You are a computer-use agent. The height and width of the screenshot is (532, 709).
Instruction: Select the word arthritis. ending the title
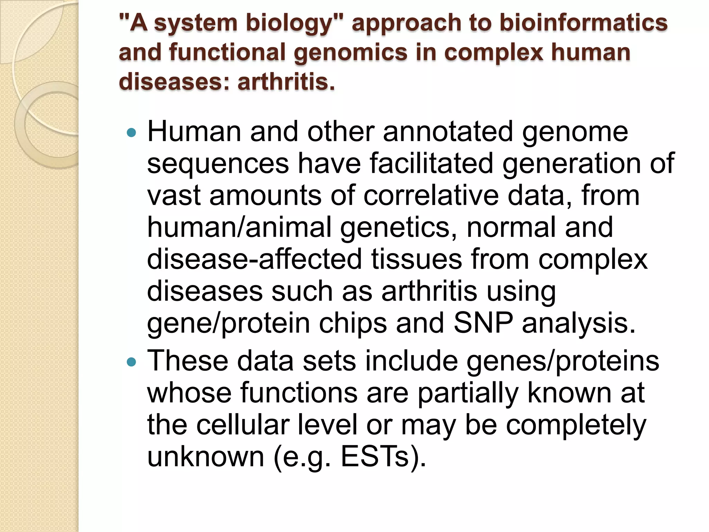point(286,82)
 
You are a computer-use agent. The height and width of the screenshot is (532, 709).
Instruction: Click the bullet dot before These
point(132,362)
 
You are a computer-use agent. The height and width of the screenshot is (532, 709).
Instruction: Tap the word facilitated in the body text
point(431,163)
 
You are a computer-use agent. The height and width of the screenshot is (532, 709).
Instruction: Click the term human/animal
point(239,227)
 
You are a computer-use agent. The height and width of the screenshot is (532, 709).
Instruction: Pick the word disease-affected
point(254,259)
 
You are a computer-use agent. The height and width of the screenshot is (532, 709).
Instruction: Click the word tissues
point(416,259)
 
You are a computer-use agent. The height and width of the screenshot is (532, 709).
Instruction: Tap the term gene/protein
point(228,323)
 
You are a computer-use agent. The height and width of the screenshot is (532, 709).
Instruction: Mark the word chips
point(353,323)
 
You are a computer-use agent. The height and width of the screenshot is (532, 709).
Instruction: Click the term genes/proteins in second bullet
point(563,361)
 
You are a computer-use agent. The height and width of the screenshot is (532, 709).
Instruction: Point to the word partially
point(468,393)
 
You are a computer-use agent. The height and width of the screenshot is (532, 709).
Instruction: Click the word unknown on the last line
point(206,456)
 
